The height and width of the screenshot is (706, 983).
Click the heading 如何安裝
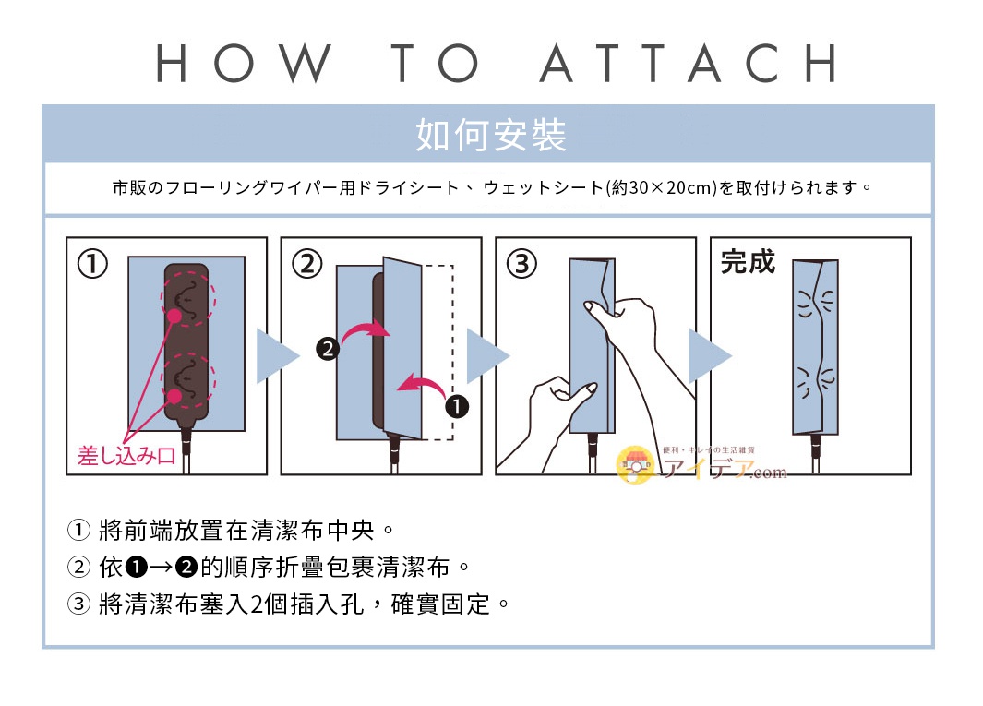coord(490,136)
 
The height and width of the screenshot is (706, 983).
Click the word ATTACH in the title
coord(688,63)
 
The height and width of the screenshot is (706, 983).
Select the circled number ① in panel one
coord(91,265)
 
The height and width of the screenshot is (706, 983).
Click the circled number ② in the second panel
coord(306,265)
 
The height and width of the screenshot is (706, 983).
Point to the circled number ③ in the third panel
coord(521,265)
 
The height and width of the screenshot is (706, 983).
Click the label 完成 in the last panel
coord(748,262)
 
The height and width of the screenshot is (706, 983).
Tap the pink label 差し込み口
coord(126,456)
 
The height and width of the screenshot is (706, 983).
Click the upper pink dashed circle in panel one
coord(186,299)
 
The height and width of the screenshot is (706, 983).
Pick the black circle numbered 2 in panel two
coord(327,350)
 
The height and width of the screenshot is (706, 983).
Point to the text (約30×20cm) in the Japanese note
coord(661,188)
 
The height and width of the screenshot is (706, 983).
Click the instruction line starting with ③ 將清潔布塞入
coord(290,605)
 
